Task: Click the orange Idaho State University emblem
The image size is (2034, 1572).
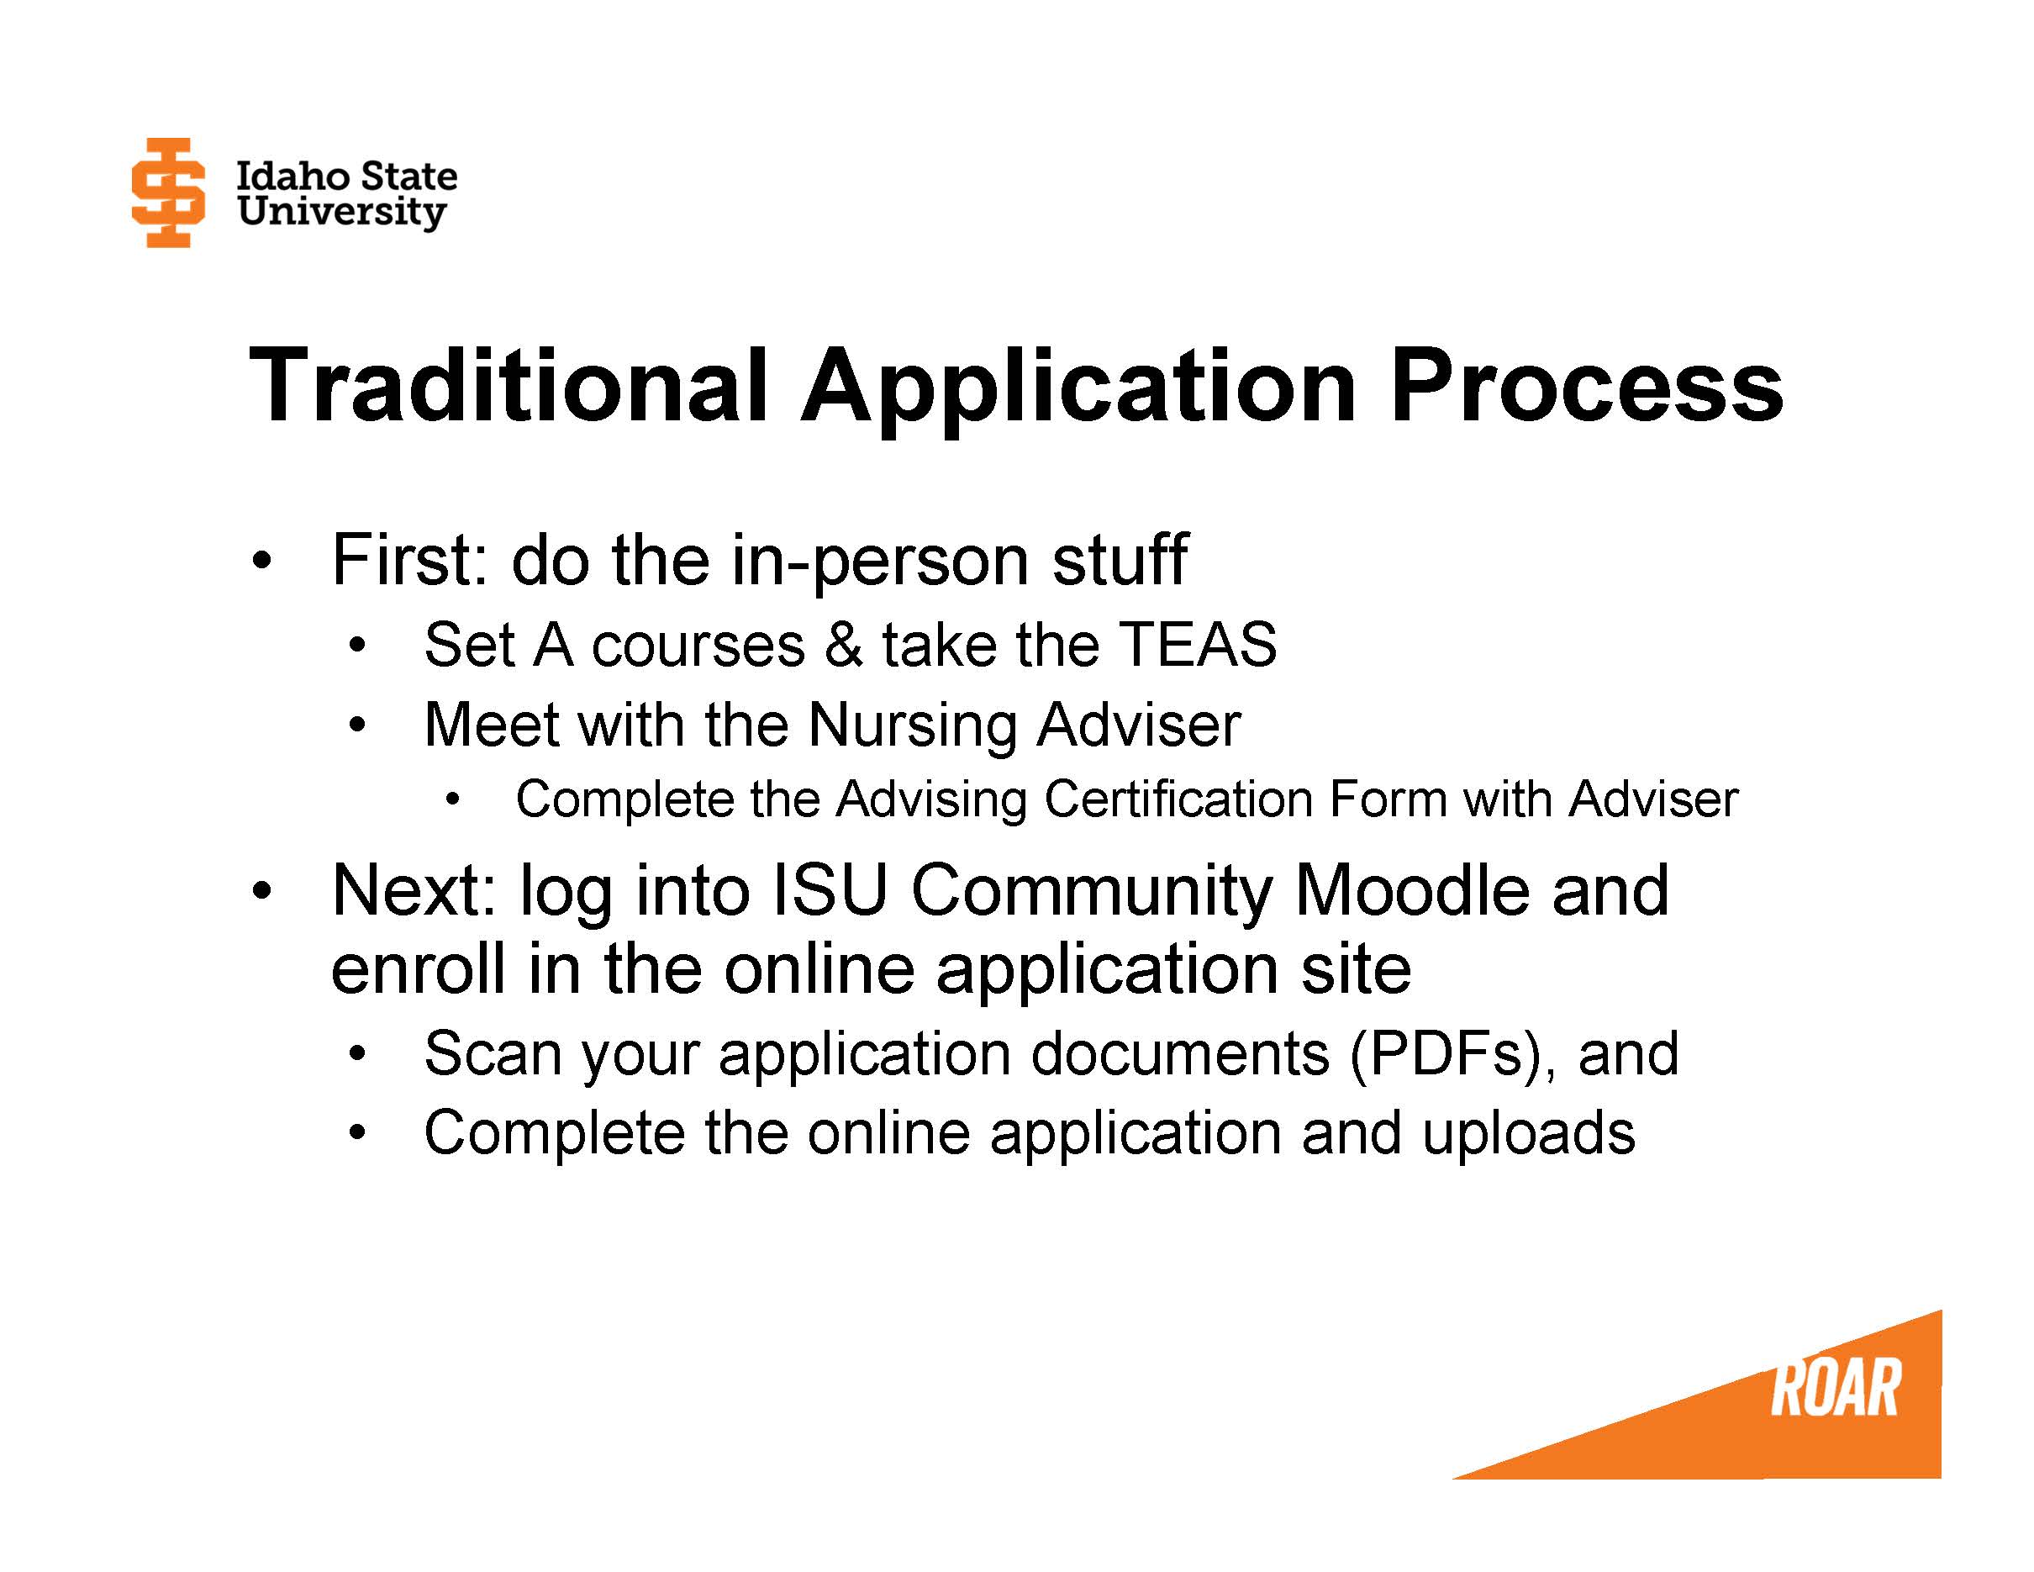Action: (167, 193)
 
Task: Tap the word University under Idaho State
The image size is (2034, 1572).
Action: (341, 213)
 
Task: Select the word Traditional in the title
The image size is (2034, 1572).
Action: (508, 385)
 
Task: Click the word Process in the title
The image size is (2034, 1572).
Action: (1585, 385)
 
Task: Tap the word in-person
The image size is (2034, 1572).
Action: (879, 562)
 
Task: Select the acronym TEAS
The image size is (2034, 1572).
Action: (1197, 645)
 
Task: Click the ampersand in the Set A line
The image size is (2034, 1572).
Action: (844, 645)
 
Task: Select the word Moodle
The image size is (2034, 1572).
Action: (1411, 890)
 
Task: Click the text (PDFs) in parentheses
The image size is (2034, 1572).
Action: (1441, 1053)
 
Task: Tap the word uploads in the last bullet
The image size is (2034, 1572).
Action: (1527, 1132)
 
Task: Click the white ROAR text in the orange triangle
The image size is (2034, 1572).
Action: (1834, 1389)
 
